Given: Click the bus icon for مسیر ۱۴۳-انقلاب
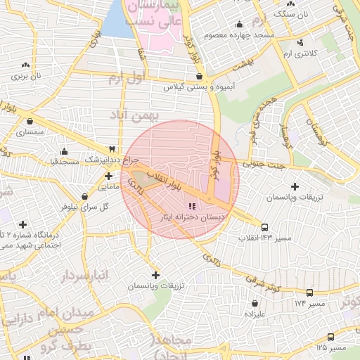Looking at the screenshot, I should [x=264, y=227].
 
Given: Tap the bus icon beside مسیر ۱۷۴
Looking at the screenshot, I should [x=309, y=292].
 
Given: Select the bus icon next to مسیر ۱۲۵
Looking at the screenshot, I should [x=331, y=337].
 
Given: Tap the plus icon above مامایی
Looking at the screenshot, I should [x=108, y=176].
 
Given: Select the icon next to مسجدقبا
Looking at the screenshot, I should [x=65, y=150].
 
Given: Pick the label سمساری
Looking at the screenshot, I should [x=30, y=131].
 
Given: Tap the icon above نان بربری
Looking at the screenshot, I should [x=25, y=64].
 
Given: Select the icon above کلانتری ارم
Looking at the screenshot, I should [x=301, y=42].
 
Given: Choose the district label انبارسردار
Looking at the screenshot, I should [x=84, y=274].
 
